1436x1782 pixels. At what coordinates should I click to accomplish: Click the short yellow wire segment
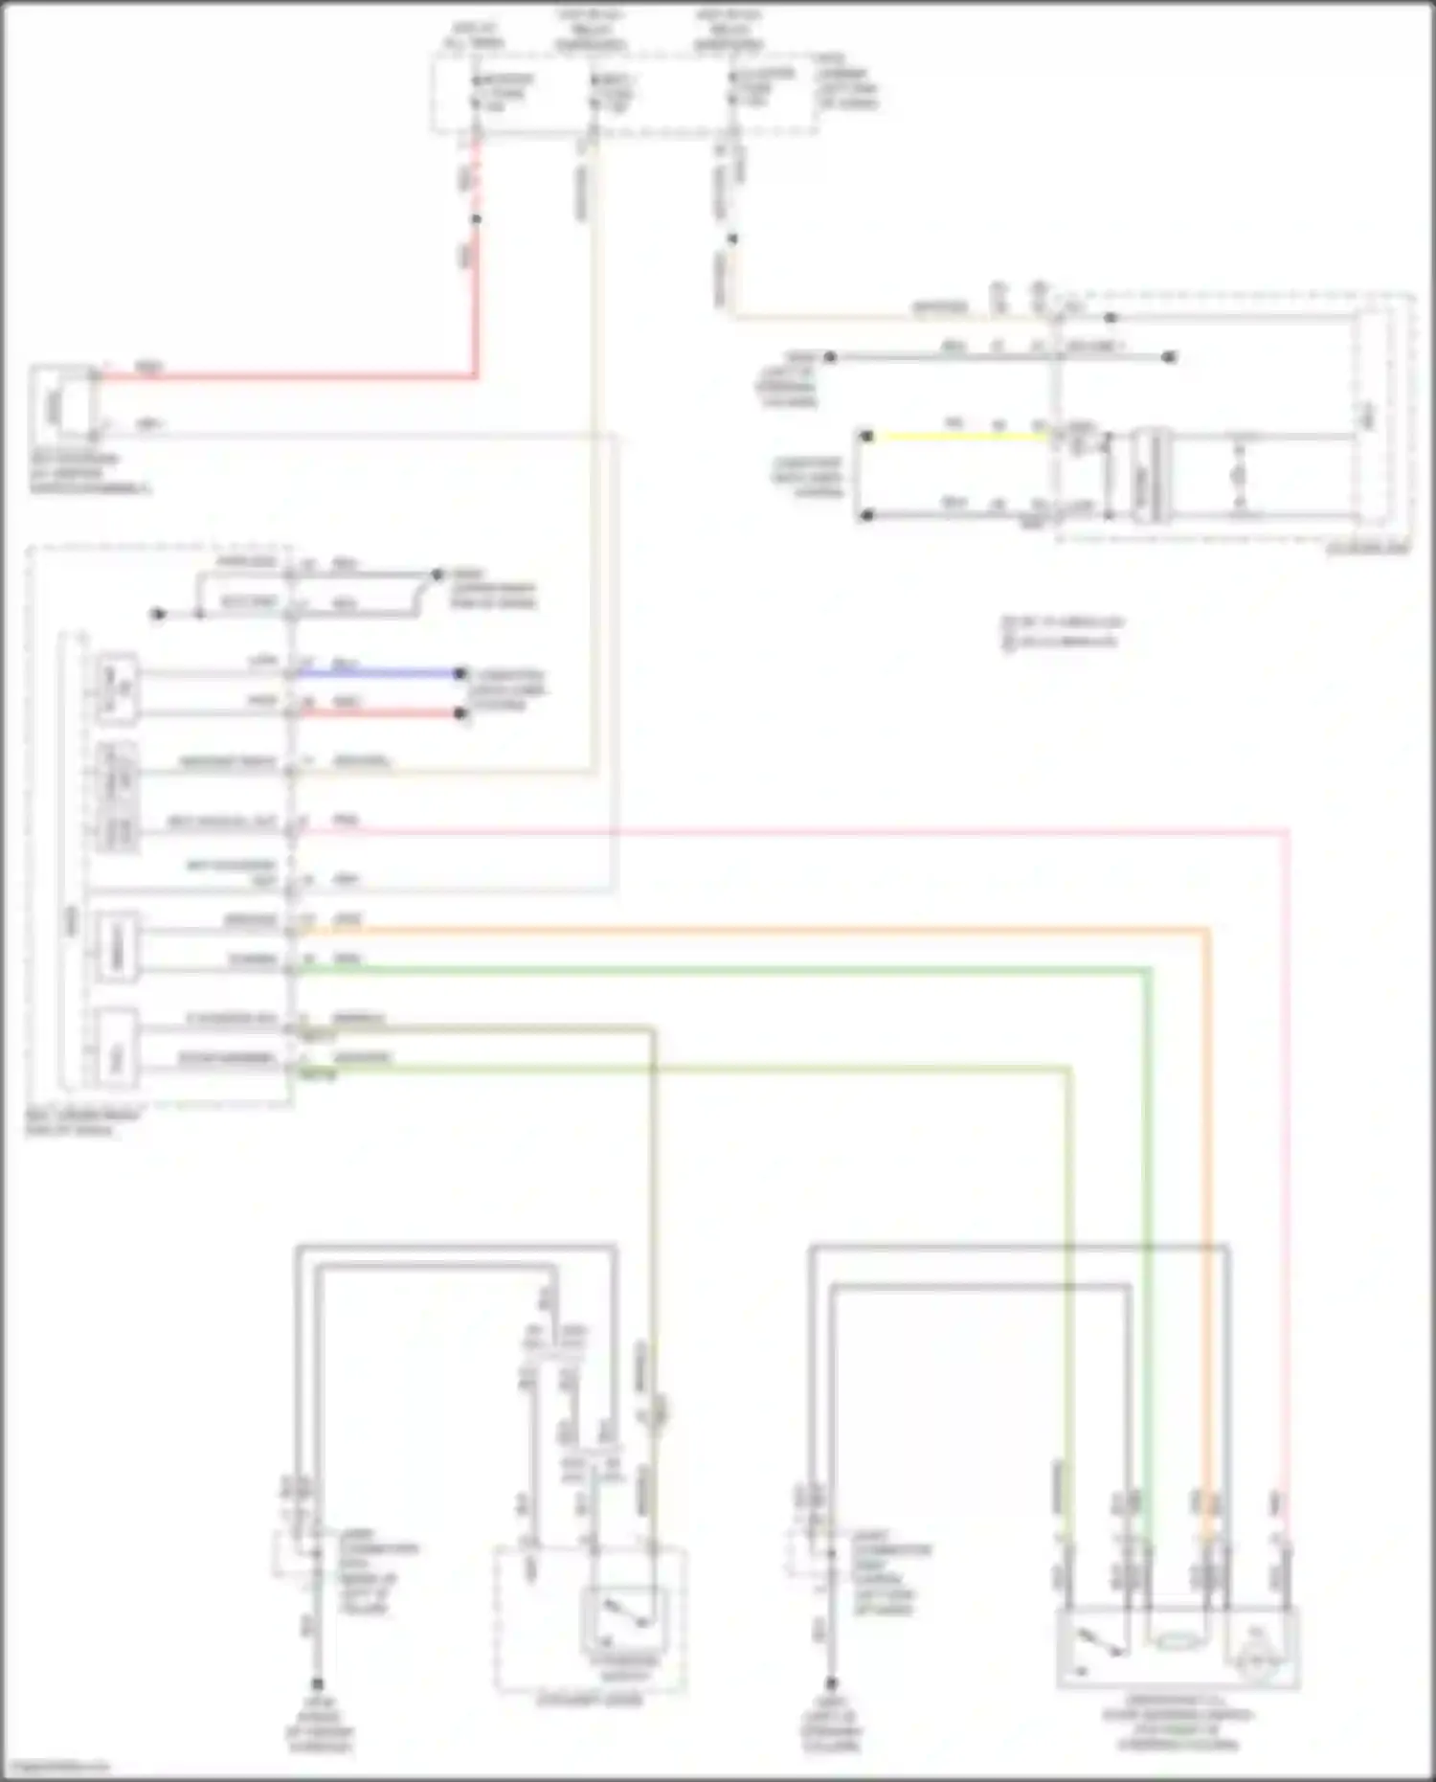tap(957, 437)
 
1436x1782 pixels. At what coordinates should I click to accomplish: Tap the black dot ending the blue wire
tap(460, 673)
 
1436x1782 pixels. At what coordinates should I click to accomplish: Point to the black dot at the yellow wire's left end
tap(866, 437)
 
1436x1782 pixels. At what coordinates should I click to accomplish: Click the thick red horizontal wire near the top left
tap(287, 376)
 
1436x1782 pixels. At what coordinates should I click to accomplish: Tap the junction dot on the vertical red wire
tap(476, 219)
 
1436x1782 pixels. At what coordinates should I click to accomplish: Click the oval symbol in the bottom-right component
tap(1177, 1642)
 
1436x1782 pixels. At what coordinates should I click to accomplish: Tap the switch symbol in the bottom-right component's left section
tap(1096, 1643)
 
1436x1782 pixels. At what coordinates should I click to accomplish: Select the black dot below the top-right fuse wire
tap(731, 238)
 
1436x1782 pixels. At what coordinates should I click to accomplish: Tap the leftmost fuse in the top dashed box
tap(476, 91)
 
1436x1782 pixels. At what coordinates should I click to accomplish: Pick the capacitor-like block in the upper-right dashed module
tap(1151, 476)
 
